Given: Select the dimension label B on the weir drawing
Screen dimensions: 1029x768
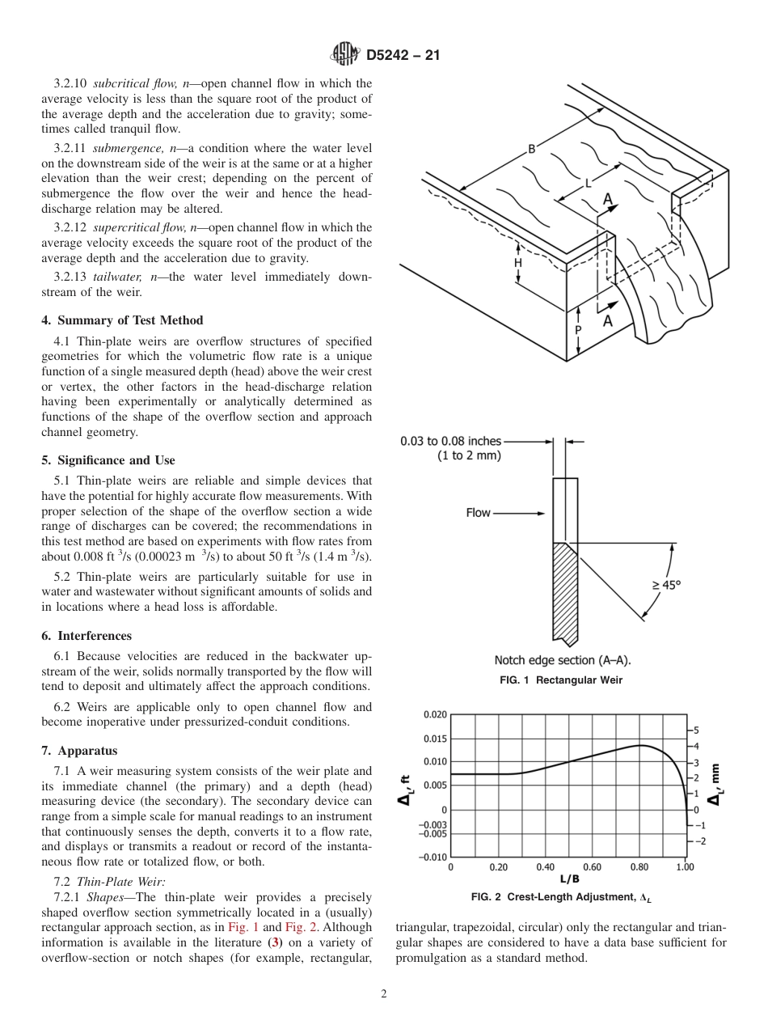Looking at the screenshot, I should pos(531,148).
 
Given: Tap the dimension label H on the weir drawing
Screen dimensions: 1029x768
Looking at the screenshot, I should pos(517,263).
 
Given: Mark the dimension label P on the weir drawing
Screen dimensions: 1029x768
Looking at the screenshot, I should pos(578,330).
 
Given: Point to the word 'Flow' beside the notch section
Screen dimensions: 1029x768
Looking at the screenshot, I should pos(478,513).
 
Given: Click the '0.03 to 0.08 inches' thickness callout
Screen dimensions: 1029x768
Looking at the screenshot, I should pos(450,441).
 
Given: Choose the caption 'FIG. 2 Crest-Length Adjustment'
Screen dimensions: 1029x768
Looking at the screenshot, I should pos(560,897).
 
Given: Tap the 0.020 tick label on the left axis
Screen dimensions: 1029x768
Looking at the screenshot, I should pos(435,714).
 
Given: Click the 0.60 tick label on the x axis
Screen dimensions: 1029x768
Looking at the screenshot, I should pos(592,867).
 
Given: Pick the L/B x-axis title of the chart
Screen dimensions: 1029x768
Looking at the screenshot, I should pos(569,879).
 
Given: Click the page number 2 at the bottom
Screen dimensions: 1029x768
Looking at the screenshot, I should pos(384,994).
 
